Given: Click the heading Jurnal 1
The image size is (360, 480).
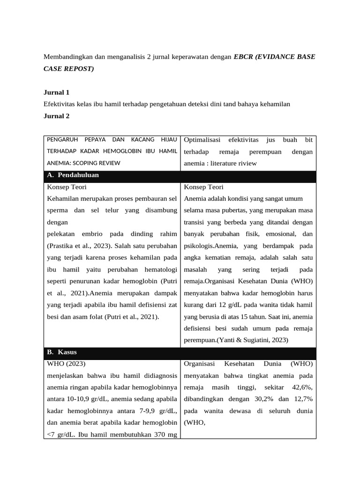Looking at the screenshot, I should tap(57, 93).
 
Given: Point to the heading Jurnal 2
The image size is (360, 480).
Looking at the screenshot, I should tap(57, 116).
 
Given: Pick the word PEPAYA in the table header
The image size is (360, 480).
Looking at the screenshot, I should tap(97, 140).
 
